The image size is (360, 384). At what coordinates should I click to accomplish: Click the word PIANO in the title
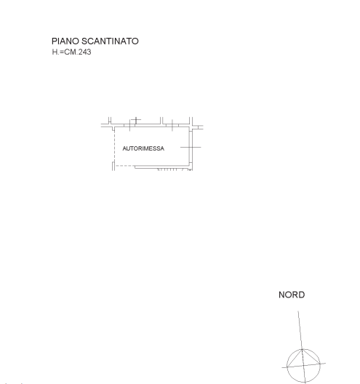click(x=65, y=41)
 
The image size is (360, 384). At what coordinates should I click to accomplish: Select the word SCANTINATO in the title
click(x=110, y=41)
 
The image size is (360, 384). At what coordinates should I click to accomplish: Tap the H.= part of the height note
click(x=58, y=52)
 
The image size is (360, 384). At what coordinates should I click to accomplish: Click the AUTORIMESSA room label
click(x=143, y=148)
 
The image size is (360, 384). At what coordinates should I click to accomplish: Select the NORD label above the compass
click(x=292, y=295)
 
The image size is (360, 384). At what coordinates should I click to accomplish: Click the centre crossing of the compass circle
click(x=303, y=365)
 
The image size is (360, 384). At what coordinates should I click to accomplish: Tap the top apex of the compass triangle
click(x=302, y=349)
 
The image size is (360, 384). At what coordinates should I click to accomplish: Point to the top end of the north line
click(x=298, y=311)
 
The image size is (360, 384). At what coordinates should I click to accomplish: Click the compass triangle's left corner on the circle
click(x=287, y=367)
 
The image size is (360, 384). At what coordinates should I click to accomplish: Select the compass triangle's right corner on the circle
click(x=320, y=364)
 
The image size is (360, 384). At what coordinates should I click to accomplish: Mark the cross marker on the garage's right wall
click(x=191, y=147)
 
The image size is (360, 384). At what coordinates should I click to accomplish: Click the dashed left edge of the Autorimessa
click(x=114, y=145)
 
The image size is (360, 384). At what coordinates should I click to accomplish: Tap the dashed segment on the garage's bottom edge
click(x=124, y=166)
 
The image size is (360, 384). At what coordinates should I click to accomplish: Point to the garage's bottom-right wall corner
click(x=191, y=167)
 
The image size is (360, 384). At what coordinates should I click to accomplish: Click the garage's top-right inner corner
click(x=189, y=127)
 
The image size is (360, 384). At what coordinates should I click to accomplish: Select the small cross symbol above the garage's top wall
click(x=136, y=120)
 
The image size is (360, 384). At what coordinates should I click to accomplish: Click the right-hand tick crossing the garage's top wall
click(x=172, y=125)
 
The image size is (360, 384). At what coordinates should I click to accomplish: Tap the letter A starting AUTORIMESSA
click(x=124, y=148)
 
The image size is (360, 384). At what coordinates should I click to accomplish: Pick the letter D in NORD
click(x=302, y=295)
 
